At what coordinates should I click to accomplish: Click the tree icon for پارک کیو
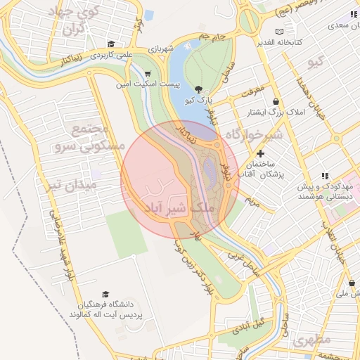(198, 89)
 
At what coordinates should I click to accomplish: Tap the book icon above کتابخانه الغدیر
(280, 32)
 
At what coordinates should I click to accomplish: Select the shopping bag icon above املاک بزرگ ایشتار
(276, 101)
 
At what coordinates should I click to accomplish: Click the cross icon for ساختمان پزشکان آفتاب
(261, 153)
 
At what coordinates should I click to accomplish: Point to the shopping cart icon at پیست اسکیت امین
(147, 73)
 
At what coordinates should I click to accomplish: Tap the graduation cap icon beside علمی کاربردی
(112, 44)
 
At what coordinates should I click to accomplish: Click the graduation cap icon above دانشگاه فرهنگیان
(105, 295)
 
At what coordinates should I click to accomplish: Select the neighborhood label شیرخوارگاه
(257, 134)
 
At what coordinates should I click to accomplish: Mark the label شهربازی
(162, 49)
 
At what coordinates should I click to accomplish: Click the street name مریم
(251, 200)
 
